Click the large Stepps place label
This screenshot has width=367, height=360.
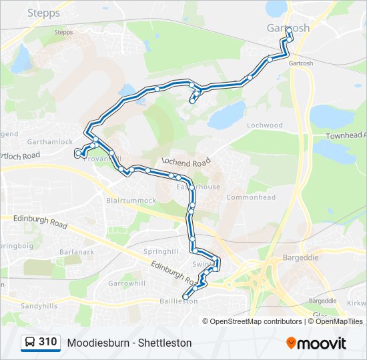[44, 13]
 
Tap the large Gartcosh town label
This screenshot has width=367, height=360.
[288, 29]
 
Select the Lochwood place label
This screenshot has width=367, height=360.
[265, 125]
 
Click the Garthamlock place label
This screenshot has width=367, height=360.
[50, 142]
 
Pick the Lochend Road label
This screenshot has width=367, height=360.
[186, 163]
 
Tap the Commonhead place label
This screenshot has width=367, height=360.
[251, 197]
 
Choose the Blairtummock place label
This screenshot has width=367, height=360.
[131, 200]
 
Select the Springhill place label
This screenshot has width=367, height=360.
[161, 251]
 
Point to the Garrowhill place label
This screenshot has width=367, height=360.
[127, 283]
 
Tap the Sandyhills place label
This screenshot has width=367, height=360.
[40, 305]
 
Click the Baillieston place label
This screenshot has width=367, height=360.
[178, 301]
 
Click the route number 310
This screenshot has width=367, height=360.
[47, 342]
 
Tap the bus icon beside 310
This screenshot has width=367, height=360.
[30, 342]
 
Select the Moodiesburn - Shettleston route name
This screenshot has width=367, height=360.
[129, 343]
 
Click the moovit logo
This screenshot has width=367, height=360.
[316, 343]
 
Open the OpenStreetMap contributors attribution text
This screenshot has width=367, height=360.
[256, 321]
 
